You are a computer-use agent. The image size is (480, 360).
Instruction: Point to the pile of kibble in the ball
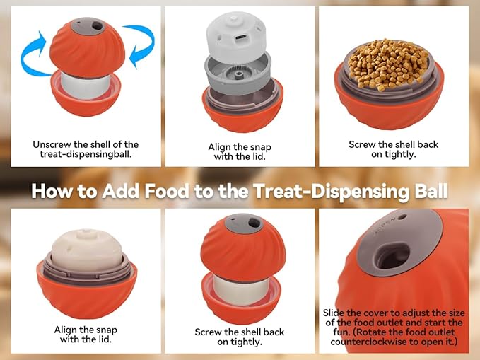click(388, 64)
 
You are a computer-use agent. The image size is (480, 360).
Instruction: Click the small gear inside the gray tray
click(237, 74)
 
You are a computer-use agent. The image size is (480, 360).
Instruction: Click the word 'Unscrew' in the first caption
click(52, 144)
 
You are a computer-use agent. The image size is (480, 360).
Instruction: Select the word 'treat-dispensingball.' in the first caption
click(86, 154)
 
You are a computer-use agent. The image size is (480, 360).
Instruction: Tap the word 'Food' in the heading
click(167, 191)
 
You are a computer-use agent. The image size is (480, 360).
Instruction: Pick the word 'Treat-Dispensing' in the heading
click(332, 192)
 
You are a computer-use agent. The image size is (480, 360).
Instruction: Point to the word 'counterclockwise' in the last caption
click(368, 342)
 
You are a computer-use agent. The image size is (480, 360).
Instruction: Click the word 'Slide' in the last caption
click(334, 313)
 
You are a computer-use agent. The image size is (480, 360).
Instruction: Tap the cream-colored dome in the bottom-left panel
click(87, 249)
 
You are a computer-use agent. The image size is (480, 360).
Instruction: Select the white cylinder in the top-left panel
click(86, 86)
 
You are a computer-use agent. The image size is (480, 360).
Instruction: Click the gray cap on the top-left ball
click(88, 26)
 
